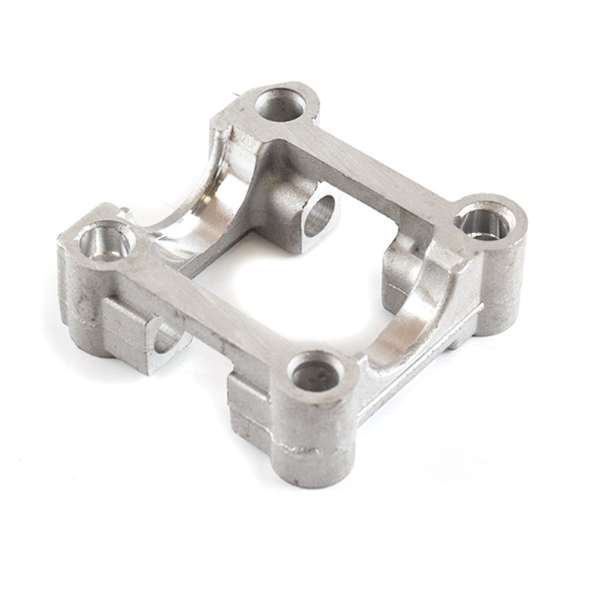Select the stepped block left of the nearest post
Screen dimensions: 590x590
(248, 407)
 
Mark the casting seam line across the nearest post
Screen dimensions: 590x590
(307, 451)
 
